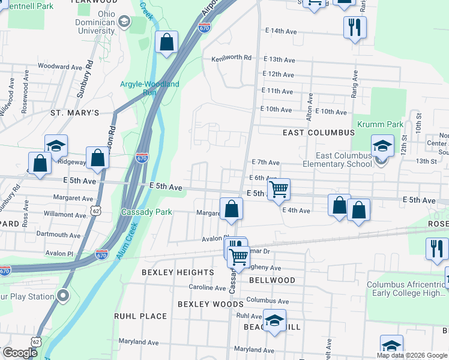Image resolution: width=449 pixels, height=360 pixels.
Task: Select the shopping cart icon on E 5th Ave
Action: pos(279,190)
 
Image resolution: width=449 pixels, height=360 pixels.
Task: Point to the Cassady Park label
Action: pos(146,212)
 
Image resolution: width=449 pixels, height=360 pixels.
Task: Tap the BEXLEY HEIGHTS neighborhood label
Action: pos(178,272)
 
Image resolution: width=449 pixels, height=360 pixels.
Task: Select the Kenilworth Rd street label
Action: pos(231,58)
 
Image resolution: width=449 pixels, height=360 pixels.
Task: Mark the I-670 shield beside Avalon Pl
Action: pos(101,254)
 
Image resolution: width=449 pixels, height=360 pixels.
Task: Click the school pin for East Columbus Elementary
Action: pos(382,146)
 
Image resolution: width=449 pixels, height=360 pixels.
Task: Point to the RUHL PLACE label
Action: pos(140,316)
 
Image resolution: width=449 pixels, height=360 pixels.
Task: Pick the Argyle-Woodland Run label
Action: pos(150,88)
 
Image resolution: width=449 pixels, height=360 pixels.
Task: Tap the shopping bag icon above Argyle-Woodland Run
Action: pos(167,43)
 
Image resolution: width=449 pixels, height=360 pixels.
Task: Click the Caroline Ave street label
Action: pos(206,287)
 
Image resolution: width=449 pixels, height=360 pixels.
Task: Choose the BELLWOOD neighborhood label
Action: pos(273,280)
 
